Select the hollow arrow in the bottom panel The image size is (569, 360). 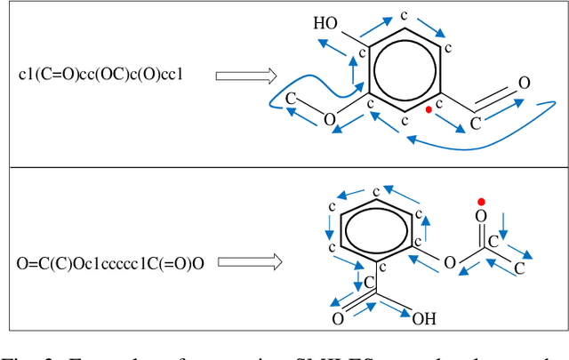250,263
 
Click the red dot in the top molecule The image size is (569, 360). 429,110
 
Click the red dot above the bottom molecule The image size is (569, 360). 481,201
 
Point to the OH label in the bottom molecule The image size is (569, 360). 423,317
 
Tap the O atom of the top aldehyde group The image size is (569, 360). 525,83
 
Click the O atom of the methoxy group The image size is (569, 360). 330,119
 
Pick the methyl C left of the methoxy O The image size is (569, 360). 291,100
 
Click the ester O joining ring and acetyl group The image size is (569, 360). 450,263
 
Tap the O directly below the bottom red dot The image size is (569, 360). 481,216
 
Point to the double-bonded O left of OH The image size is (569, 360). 339,317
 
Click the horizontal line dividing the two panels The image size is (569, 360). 284,167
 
